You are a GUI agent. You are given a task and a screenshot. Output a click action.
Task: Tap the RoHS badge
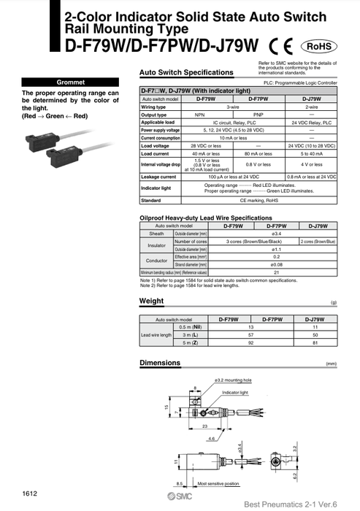point(319,45)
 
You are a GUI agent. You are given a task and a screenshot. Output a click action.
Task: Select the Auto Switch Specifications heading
point(186,73)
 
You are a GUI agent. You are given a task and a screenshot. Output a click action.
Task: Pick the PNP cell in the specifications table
point(258,114)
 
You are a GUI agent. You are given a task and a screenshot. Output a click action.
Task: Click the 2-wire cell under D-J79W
point(317,106)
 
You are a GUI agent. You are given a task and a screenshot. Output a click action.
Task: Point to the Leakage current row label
point(159,176)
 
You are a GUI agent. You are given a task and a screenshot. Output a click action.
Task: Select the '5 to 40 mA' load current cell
point(317,153)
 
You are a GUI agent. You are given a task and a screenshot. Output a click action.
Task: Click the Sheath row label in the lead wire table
point(157,234)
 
